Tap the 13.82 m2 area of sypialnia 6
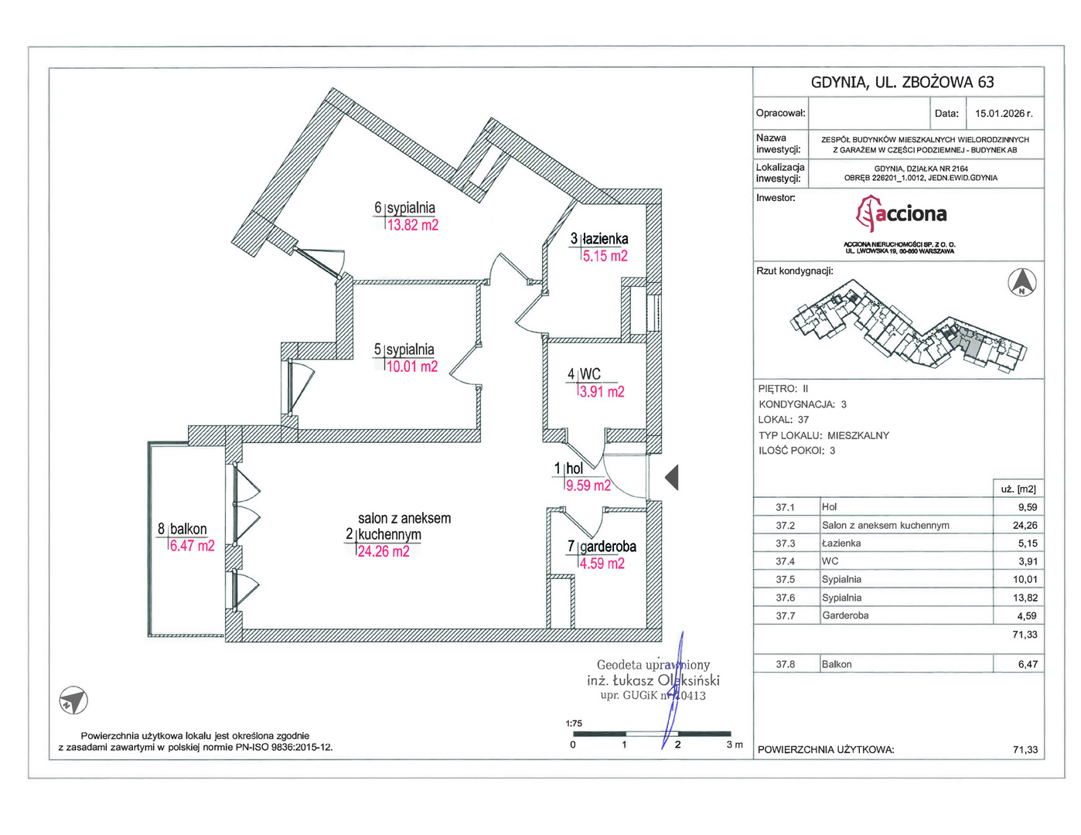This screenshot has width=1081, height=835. click(x=412, y=225)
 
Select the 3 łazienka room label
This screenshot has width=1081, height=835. click(x=599, y=239)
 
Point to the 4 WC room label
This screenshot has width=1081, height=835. click(x=584, y=373)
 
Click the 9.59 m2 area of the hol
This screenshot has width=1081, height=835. click(x=588, y=485)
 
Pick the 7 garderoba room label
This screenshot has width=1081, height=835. click(x=602, y=547)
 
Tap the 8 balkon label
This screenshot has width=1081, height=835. click(x=182, y=529)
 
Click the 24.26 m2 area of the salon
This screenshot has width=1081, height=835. click(x=384, y=551)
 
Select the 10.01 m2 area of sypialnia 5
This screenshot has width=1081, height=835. click(x=412, y=366)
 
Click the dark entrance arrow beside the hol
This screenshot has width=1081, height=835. click(x=672, y=478)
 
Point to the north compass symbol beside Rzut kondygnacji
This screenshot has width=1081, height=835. click(x=1021, y=282)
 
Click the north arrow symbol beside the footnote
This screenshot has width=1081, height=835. click(x=73, y=700)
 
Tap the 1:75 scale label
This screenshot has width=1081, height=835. click(x=574, y=723)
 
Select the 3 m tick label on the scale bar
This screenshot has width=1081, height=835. click(x=735, y=745)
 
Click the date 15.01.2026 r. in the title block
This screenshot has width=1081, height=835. click(x=1004, y=114)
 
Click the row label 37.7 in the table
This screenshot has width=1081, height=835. click(x=785, y=615)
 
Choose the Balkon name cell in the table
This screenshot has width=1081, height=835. click(x=837, y=664)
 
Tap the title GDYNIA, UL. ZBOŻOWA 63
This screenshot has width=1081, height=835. click(x=902, y=82)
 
